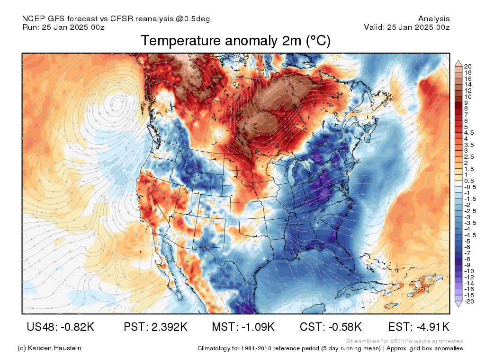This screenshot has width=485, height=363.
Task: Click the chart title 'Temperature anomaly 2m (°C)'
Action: (x=235, y=41)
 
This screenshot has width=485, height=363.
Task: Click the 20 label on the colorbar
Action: (x=468, y=66)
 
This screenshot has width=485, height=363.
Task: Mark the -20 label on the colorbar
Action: (x=469, y=301)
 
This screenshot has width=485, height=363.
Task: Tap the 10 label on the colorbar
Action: (x=468, y=96)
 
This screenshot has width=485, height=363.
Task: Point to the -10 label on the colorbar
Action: (x=469, y=271)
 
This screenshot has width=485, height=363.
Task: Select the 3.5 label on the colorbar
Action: (x=468, y=145)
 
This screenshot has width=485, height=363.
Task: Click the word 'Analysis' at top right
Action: (x=434, y=19)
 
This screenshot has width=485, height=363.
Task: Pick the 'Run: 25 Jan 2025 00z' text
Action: (x=63, y=27)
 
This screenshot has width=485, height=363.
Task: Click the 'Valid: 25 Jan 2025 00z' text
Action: (x=406, y=27)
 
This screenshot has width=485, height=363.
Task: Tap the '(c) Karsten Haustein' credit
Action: (x=49, y=348)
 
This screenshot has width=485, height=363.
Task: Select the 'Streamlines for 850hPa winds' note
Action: (x=404, y=341)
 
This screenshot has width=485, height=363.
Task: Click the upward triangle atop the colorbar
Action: (x=458, y=62)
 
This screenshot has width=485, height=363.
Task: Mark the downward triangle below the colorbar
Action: (x=458, y=304)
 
